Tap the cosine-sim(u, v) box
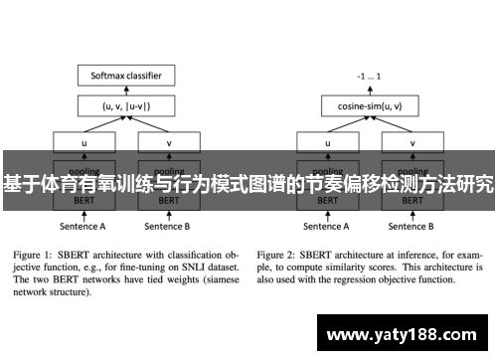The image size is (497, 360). click(369, 104)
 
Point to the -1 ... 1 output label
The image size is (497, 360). click(369, 75)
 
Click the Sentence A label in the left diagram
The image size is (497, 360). click(83, 227)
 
